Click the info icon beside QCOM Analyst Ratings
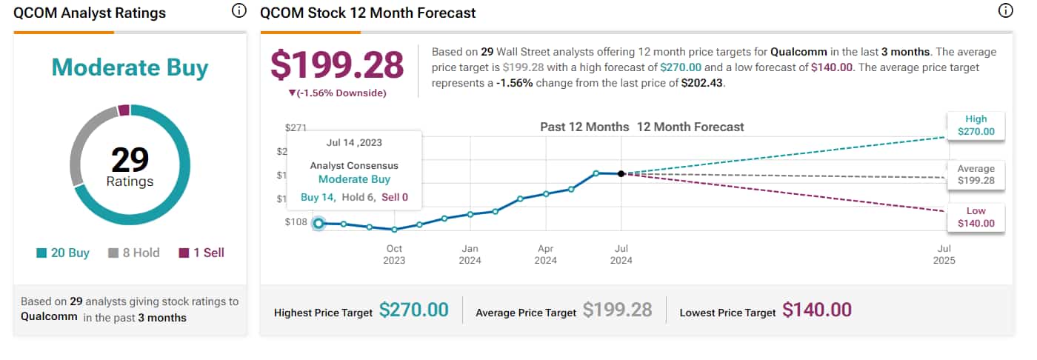(239, 11)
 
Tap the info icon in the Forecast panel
(1005, 11)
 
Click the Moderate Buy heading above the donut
(130, 67)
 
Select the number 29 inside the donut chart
(130, 159)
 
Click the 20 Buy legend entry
(63, 253)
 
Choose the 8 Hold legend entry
(134, 253)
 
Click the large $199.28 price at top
(337, 64)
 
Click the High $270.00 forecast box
(976, 125)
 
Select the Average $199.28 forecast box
(976, 174)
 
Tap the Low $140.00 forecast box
(976, 217)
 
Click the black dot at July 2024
(621, 173)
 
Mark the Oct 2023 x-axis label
(394, 254)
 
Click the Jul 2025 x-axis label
(944, 254)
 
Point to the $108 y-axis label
(297, 222)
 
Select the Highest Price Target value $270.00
(413, 310)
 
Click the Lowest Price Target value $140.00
(816, 310)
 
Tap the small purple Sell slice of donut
(124, 110)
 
